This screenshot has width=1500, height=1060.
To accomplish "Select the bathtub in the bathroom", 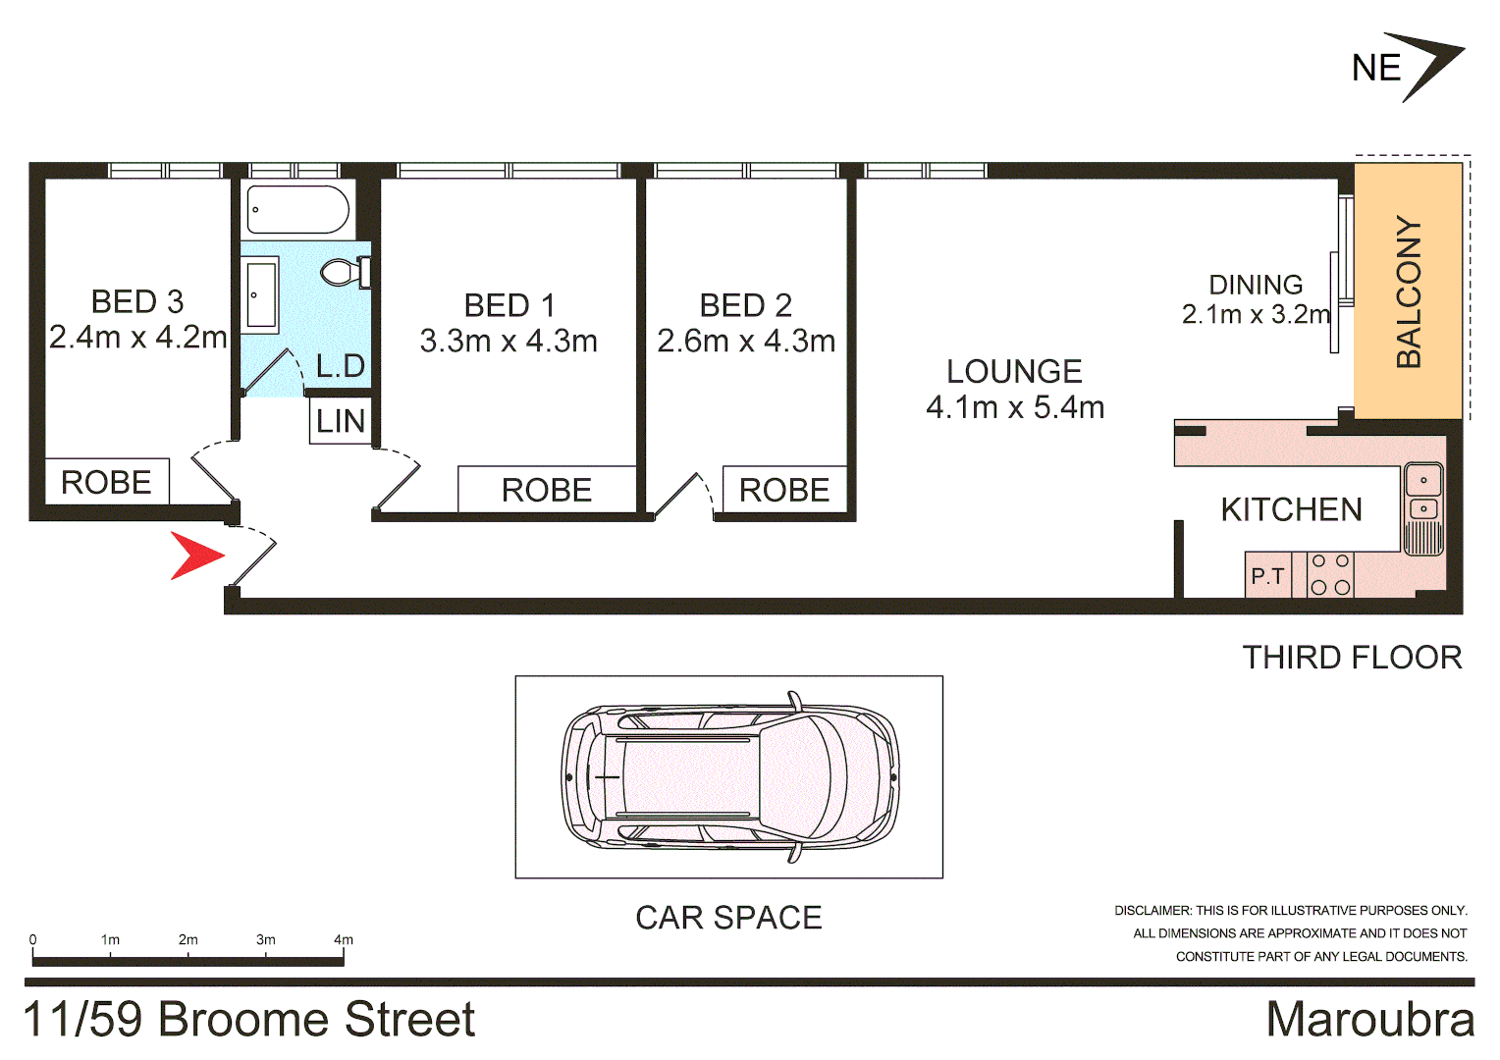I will click(297, 209).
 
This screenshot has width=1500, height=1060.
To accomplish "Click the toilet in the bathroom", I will click(344, 272).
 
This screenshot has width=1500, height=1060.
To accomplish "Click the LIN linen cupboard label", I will click(341, 421).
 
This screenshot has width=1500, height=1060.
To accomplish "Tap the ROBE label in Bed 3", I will click(106, 483).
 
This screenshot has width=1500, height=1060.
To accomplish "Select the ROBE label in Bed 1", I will click(547, 490).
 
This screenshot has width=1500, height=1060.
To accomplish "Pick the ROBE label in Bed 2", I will click(784, 490).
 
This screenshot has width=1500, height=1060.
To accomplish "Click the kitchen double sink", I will click(1423, 495).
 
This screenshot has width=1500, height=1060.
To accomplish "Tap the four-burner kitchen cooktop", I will click(1330, 575).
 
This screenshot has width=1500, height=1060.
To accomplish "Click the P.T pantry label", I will click(1267, 576).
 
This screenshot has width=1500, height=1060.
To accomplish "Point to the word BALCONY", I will click(1409, 291).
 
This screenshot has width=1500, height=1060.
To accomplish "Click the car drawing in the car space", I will click(728, 776).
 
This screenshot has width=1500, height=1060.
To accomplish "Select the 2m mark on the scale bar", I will click(187, 940).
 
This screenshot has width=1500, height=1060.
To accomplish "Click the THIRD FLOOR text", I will click(1352, 658).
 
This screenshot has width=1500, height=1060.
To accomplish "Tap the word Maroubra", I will click(1369, 1019).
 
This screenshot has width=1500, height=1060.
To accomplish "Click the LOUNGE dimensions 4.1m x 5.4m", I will click(1015, 407).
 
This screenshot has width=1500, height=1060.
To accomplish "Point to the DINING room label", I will click(1256, 285).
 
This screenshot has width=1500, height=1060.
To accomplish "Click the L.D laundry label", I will click(341, 366).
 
